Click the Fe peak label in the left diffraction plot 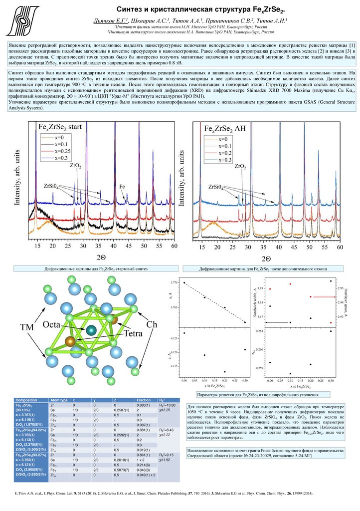[x=122, y=186]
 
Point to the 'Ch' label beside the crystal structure [x=151, y=324]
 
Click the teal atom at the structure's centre [x=91, y=330]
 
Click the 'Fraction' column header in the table [x=144, y=400]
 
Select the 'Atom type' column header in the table [x=59, y=400]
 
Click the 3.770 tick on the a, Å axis [x=176, y=283]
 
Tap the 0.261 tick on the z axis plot [x=259, y=331]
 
